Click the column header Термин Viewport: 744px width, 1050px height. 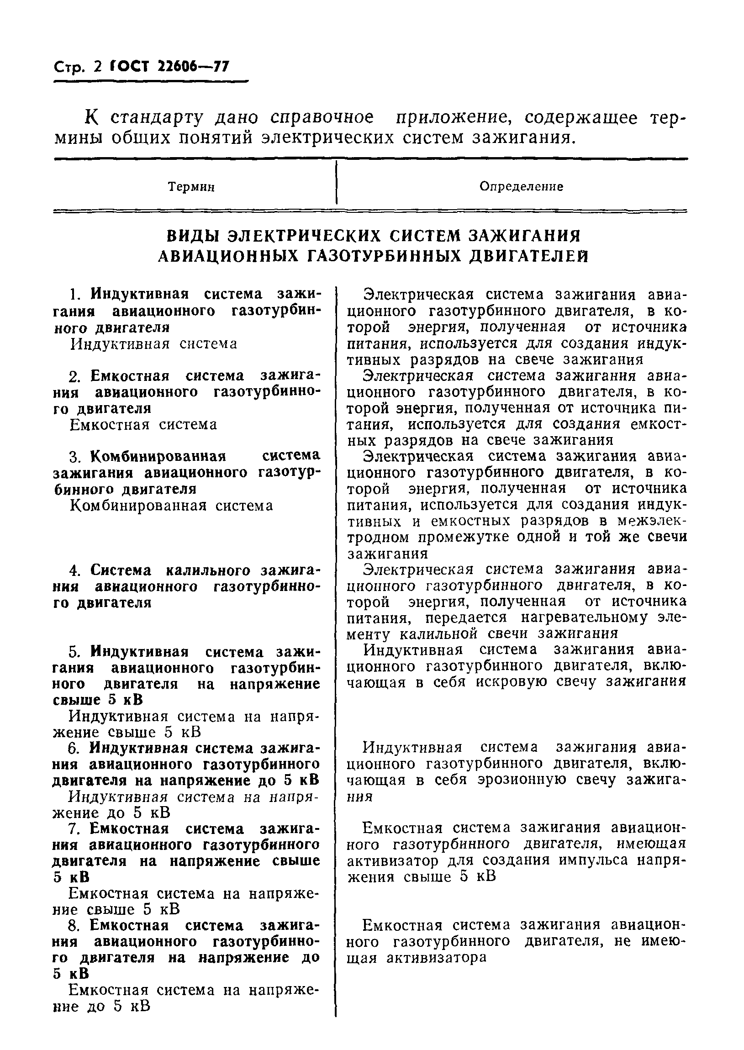191,187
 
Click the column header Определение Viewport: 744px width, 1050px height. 521,187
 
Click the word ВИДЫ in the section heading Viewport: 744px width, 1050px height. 192,236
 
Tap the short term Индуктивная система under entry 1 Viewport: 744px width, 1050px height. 153,344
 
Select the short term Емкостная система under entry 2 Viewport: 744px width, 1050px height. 143,425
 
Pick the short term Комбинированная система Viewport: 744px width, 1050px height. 171,506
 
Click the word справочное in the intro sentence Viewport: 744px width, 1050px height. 322,118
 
